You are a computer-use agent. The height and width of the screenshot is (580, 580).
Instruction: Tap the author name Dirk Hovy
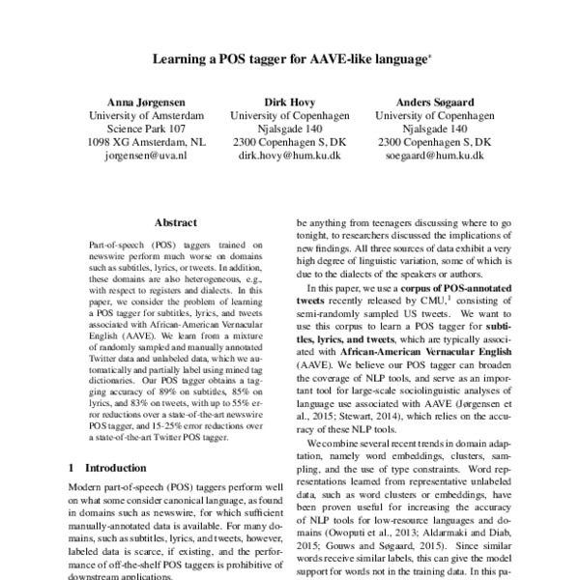(290, 101)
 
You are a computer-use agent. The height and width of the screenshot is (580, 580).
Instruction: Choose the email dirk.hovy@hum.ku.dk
(290, 155)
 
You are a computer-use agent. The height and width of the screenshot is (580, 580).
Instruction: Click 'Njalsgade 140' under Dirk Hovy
(290, 128)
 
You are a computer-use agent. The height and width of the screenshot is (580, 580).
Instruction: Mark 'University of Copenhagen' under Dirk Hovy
(290, 114)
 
